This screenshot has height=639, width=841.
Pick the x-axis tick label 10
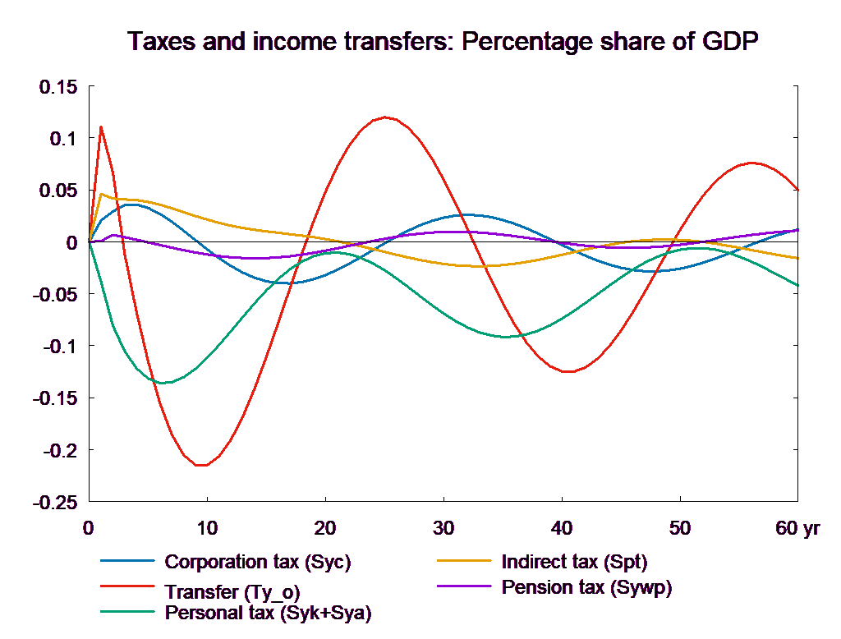tap(207, 528)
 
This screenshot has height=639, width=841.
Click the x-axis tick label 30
tap(443, 528)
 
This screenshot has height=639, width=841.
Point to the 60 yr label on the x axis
tap(797, 528)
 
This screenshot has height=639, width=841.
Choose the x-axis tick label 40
tap(562, 528)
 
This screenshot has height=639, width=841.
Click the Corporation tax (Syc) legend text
tap(258, 563)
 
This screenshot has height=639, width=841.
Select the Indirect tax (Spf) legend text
tap(574, 563)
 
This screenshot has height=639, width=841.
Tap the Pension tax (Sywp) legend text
tap(586, 587)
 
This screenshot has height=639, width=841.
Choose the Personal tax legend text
tap(268, 613)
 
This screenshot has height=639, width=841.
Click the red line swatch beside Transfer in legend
tap(127, 587)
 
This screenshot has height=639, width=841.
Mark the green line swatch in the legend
tap(127, 613)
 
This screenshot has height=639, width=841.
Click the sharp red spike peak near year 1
tap(101, 126)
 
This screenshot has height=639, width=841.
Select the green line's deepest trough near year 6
tap(163, 383)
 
